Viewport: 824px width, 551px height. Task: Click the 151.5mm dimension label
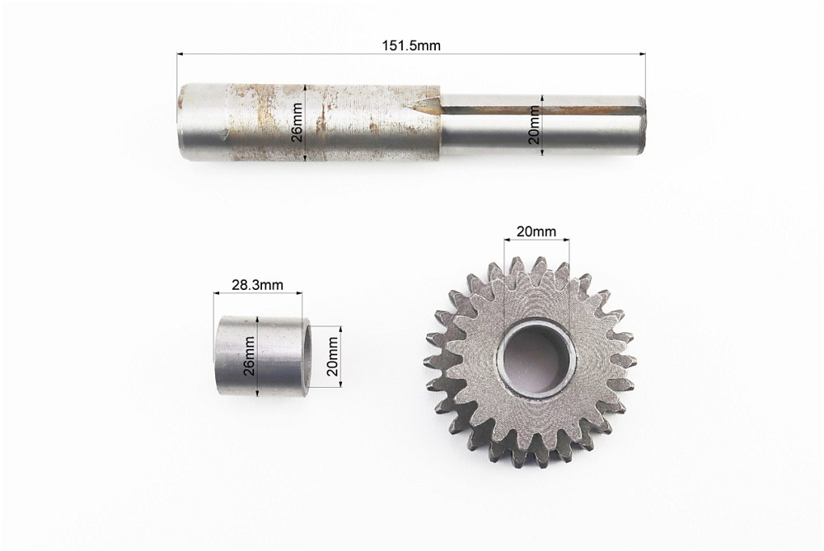click(411, 45)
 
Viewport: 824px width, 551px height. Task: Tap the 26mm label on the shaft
click(297, 123)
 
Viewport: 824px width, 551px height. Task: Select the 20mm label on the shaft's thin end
click(535, 124)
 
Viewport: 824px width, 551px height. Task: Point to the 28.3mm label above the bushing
click(257, 285)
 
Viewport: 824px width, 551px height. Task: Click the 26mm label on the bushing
click(249, 356)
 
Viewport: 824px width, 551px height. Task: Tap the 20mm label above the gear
click(536, 231)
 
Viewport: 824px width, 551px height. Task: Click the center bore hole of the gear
click(536, 359)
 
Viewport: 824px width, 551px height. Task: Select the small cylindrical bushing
click(262, 356)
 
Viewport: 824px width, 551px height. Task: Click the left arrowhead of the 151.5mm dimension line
click(180, 54)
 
